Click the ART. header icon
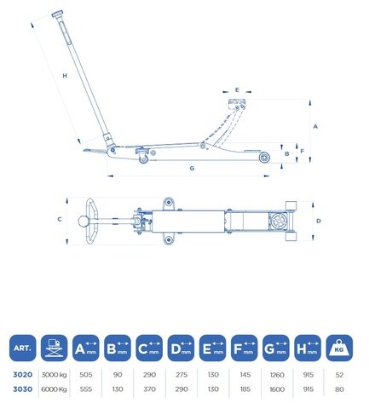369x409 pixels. coord(23,348)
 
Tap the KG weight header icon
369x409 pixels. coord(339,348)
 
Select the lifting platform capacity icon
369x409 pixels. coord(55,348)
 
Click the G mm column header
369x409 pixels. coord(276,348)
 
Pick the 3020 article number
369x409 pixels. coord(23,375)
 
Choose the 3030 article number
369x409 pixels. coord(23,389)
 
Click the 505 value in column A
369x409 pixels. coord(86,375)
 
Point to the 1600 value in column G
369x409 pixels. coord(277,389)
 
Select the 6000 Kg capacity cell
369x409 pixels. coord(54,389)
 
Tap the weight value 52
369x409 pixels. coord(339,375)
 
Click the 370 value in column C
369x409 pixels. coord(149,389)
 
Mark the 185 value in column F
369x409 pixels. coord(245,389)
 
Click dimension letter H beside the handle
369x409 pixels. coord(65,76)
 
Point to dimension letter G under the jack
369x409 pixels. coord(192,168)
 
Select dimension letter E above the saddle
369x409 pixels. coord(237,90)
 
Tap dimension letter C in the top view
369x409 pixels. coord(60,219)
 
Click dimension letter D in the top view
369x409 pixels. coord(319,221)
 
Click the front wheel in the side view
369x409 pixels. coord(264,158)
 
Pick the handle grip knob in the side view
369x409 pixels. coord(58,14)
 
